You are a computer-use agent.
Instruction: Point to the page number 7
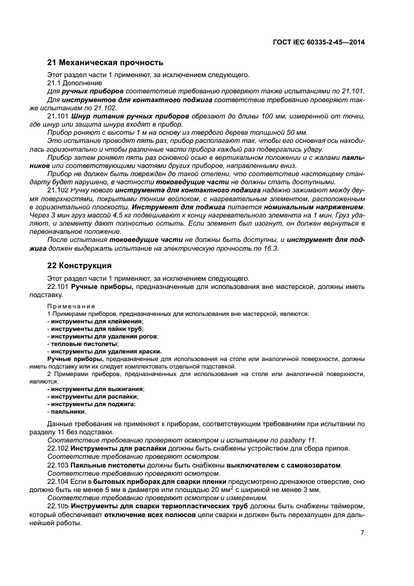[362, 532]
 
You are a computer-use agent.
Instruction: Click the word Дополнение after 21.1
[78, 83]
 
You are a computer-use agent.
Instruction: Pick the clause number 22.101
[58, 286]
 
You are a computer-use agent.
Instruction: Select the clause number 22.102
[58, 449]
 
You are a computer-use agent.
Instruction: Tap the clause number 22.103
[58, 466]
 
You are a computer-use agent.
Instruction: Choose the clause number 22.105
[58, 506]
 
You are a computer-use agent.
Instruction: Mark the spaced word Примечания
[70, 306]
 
